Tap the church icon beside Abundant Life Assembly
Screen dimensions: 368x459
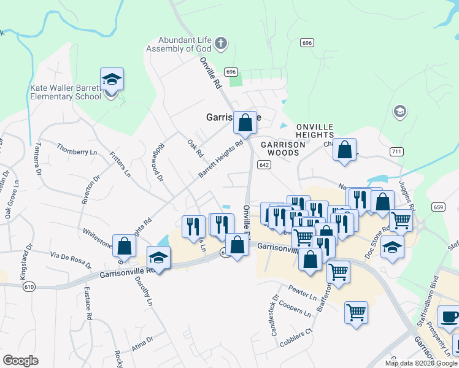click(x=221, y=44)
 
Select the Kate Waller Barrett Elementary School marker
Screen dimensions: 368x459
click(x=112, y=80)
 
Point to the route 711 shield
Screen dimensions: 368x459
click(x=396, y=151)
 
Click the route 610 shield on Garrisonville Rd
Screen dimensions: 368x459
click(x=29, y=286)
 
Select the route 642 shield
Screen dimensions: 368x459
click(x=264, y=164)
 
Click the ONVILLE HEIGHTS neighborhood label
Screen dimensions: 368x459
click(x=315, y=131)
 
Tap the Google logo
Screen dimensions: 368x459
click(x=20, y=361)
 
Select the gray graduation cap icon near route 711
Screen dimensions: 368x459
click(x=399, y=112)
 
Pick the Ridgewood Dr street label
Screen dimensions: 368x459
click(x=159, y=162)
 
